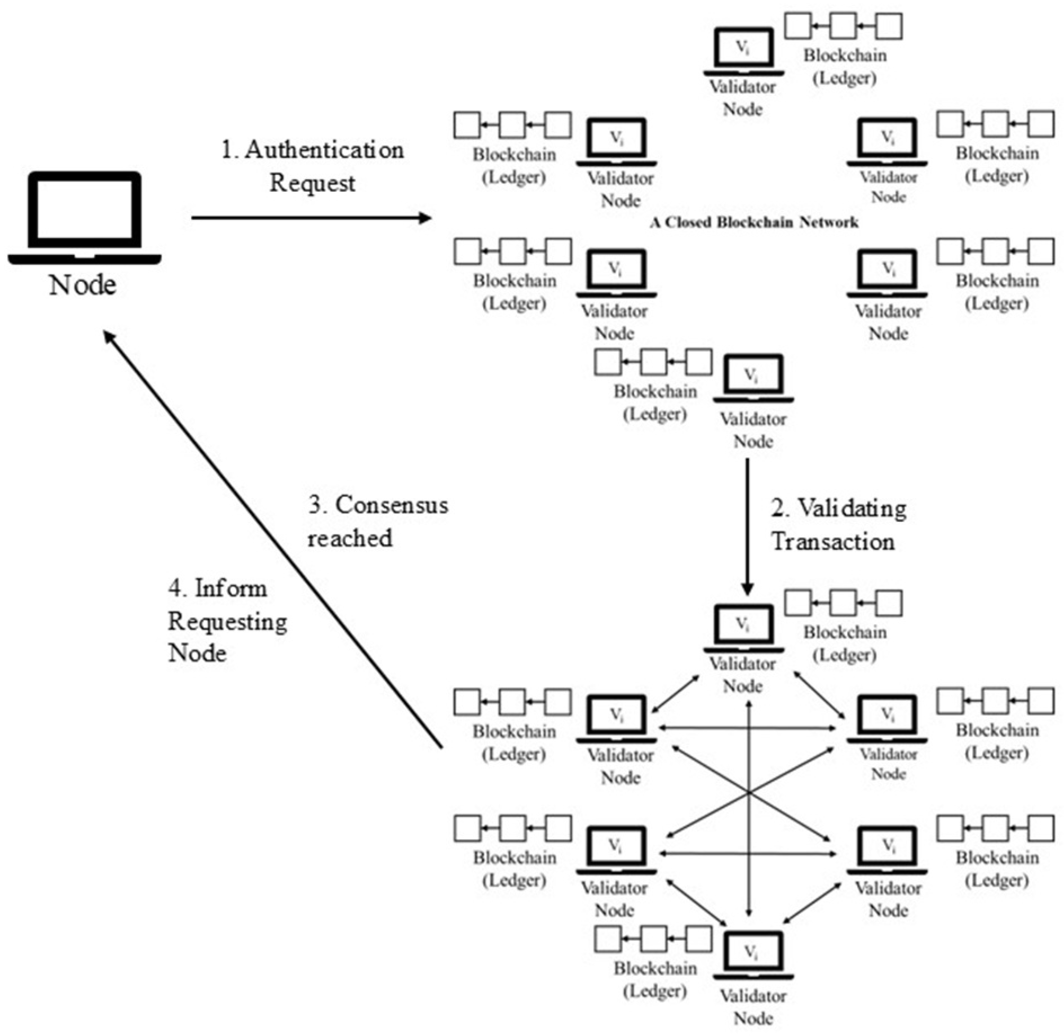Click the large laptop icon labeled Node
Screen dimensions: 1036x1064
pos(84,218)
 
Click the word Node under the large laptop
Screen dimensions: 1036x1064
pos(83,285)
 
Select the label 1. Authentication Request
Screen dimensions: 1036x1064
pos(313,166)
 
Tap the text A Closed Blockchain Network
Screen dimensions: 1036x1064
pos(754,222)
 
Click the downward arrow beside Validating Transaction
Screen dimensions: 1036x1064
pos(747,525)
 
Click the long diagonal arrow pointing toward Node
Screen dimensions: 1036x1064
pos(272,539)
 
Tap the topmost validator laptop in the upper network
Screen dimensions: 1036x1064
pos(744,51)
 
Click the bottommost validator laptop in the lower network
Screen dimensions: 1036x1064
pos(753,955)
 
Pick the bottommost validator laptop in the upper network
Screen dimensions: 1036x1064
pos(753,378)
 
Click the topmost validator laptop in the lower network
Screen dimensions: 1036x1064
pos(744,628)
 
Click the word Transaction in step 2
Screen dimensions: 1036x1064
pos(832,542)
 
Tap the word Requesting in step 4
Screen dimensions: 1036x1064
pos(227,621)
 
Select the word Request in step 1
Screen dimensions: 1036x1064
pos(313,183)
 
